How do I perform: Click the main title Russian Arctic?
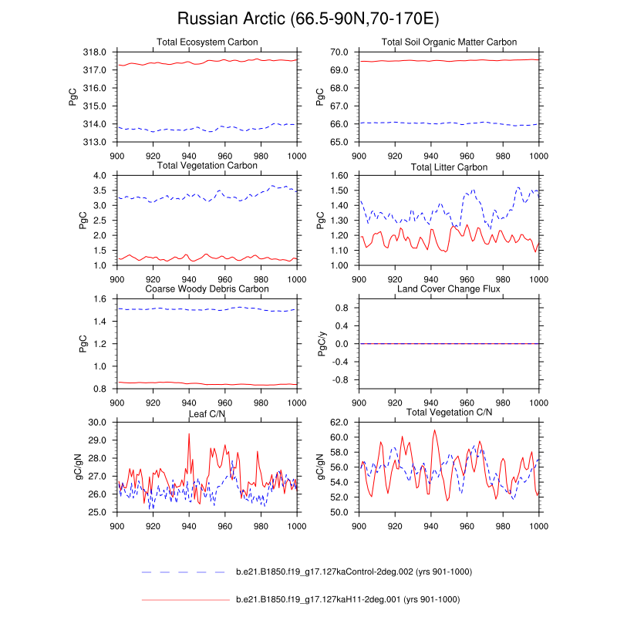308,19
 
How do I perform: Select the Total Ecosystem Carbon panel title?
207,42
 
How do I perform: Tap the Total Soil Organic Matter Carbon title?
448,42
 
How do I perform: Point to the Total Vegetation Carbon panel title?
207,166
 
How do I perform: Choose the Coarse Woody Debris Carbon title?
207,289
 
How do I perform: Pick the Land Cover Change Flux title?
448,289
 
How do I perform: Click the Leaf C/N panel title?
207,414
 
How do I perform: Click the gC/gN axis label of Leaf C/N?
80,467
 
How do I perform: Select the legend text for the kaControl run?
353,571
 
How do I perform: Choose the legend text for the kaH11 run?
347,599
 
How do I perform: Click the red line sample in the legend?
186,599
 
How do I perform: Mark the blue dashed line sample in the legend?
186,572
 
